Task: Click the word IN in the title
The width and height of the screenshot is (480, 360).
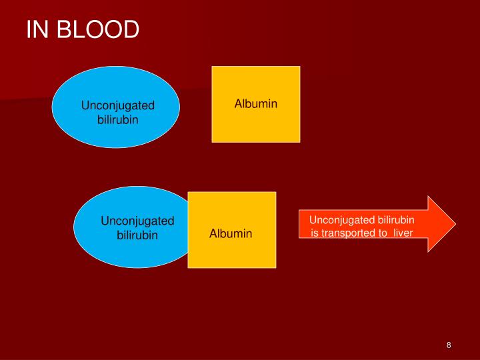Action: pyautogui.click(x=35, y=30)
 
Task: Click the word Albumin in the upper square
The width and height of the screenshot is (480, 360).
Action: pyautogui.click(x=256, y=104)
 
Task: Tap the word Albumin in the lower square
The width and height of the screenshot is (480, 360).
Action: pyautogui.click(x=231, y=233)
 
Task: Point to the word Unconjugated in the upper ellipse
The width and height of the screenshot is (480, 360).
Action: pyautogui.click(x=118, y=105)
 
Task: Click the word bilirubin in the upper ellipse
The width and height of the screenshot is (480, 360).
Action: pyautogui.click(x=118, y=119)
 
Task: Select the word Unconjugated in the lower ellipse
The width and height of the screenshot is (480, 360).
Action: pyautogui.click(x=137, y=221)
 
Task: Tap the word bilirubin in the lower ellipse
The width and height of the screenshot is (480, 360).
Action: pyautogui.click(x=137, y=235)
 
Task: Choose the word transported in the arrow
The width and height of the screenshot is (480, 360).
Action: pyautogui.click(x=350, y=233)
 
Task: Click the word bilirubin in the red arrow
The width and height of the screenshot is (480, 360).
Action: pyautogui.click(x=397, y=220)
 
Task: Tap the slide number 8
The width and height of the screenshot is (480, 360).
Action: pyautogui.click(x=449, y=345)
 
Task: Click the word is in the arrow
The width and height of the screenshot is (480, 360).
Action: pyautogui.click(x=315, y=233)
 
